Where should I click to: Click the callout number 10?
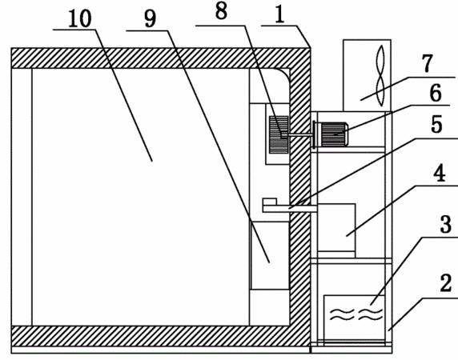[x=79, y=19]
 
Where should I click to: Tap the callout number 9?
[x=151, y=19]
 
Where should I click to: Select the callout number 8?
[x=221, y=12]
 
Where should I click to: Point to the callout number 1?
[x=279, y=15]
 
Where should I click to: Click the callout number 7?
[x=427, y=63]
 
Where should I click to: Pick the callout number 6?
[x=436, y=93]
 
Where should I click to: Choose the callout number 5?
[x=436, y=125]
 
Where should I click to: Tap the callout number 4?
[x=440, y=173]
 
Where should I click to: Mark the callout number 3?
[x=445, y=224]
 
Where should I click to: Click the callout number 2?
[x=445, y=282]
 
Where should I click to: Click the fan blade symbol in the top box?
[x=380, y=76]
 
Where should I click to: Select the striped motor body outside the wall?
[x=333, y=134]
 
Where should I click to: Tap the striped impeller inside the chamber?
[x=279, y=134]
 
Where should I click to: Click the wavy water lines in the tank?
[x=356, y=314]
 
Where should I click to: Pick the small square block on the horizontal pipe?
[x=270, y=202]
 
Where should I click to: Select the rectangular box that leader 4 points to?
[x=336, y=230]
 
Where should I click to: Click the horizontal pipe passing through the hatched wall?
[x=290, y=209]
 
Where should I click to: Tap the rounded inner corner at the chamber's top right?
[x=284, y=74]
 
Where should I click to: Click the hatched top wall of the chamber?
[x=161, y=58]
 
